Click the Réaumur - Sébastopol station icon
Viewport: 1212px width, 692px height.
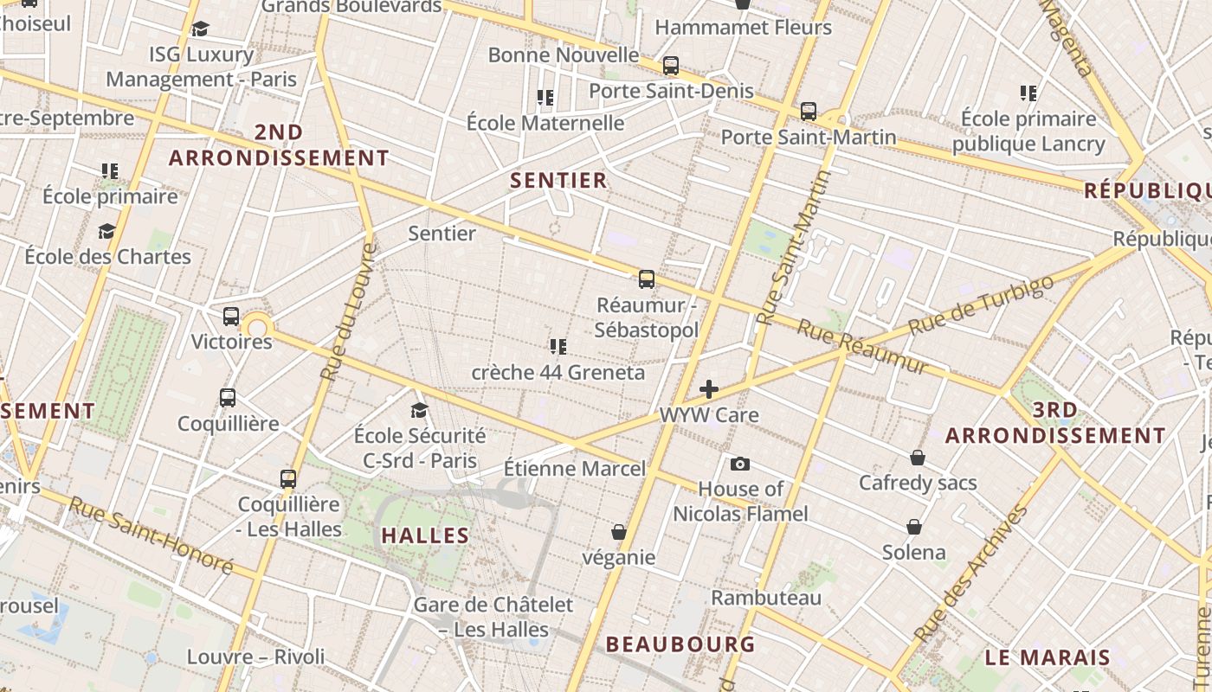[647, 279]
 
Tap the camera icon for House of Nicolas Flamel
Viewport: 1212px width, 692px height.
[739, 465]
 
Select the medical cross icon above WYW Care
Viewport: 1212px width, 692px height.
[709, 389]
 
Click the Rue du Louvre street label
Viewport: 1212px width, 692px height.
[349, 312]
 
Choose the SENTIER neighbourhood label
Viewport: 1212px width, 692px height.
[558, 180]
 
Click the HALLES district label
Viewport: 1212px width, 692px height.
[425, 535]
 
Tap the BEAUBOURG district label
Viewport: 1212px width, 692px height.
[680, 644]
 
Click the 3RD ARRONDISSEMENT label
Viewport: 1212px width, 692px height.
[1055, 423]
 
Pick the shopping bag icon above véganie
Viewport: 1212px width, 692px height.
[619, 531]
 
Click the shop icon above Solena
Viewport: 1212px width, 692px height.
[914, 527]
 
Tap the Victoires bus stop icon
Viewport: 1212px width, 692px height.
[231, 317]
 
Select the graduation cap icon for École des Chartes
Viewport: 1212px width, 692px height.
[107, 231]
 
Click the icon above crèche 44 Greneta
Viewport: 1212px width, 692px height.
[558, 347]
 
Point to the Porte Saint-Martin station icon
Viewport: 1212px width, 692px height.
[809, 112]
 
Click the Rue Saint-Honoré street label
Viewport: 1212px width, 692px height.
[151, 535]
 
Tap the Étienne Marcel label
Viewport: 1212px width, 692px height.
[575, 469]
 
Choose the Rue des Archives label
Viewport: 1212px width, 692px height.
[971, 573]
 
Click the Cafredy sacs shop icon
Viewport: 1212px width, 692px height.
[918, 458]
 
